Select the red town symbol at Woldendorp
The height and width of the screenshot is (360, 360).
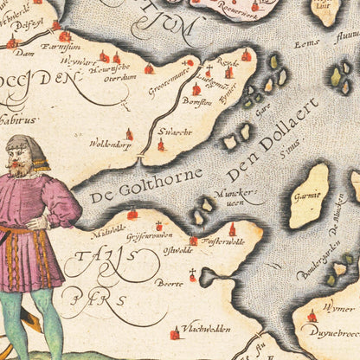tap(129, 134)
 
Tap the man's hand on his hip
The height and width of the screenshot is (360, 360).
tap(35, 223)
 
